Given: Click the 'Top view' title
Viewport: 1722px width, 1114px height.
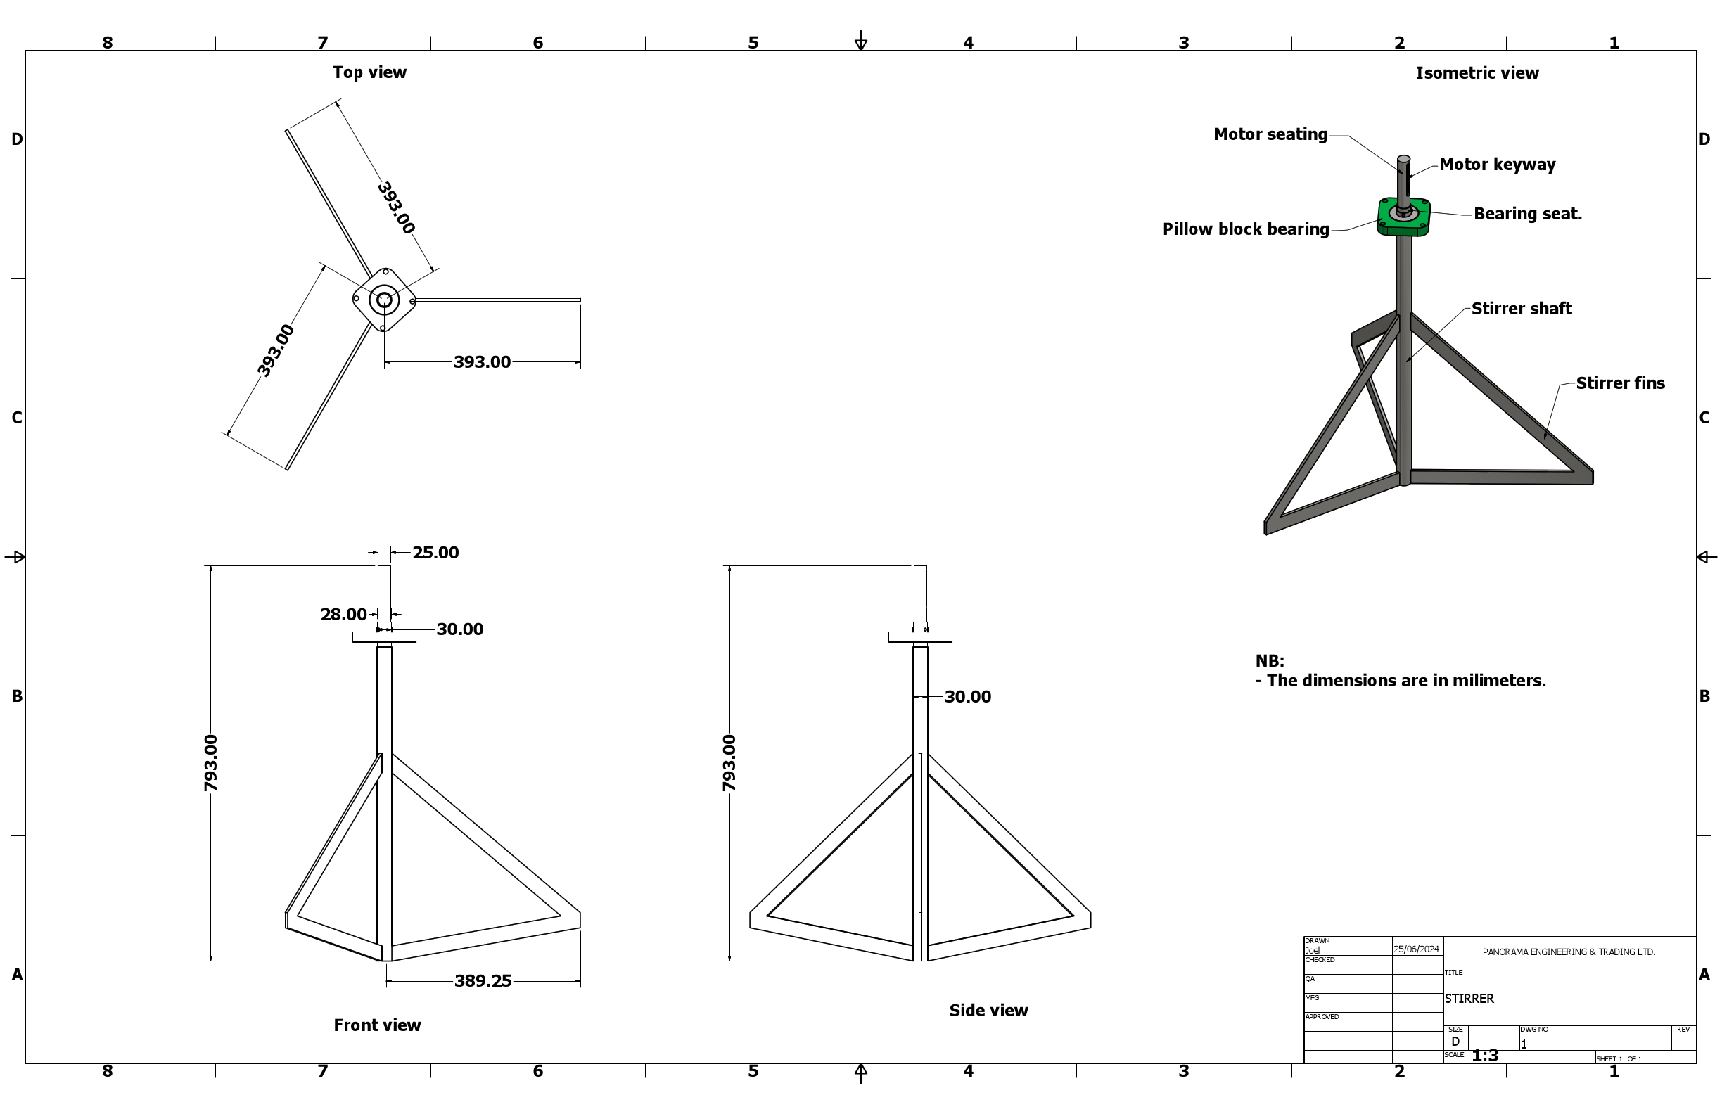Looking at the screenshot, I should click(x=369, y=72).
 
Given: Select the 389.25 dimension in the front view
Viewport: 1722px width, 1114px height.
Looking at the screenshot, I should click(x=483, y=981).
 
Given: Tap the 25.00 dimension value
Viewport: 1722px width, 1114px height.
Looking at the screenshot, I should click(x=435, y=553).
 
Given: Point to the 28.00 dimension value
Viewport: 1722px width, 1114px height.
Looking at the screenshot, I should click(x=344, y=615).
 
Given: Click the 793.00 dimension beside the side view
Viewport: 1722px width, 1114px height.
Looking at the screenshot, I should click(x=729, y=762).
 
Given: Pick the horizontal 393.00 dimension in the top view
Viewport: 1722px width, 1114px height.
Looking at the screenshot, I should click(x=482, y=361).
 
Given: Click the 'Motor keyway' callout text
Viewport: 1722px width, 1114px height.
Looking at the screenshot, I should click(x=1497, y=165).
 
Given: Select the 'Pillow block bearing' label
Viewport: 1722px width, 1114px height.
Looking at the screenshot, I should click(x=1246, y=229).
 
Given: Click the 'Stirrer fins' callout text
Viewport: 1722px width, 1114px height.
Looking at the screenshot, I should click(x=1620, y=383).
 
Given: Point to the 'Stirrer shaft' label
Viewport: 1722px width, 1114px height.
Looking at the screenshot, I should click(x=1521, y=309).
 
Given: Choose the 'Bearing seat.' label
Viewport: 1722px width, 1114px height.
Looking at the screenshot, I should click(x=1527, y=214).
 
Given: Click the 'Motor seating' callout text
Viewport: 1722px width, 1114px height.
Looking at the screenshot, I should click(x=1270, y=134).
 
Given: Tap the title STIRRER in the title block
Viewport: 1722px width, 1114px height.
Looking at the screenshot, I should click(x=1469, y=999).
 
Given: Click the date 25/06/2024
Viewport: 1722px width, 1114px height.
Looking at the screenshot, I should click(x=1417, y=949).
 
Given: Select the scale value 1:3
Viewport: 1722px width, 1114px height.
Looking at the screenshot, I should click(x=1485, y=1056).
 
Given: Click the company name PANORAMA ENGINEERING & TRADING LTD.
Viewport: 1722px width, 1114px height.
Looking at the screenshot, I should click(x=1569, y=952).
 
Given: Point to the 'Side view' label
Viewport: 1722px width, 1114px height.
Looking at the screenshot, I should click(x=988, y=1011).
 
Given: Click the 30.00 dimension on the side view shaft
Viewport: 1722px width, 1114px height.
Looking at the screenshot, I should click(x=967, y=697).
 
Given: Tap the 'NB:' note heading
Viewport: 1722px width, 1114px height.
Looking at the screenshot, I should click(x=1270, y=661).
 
